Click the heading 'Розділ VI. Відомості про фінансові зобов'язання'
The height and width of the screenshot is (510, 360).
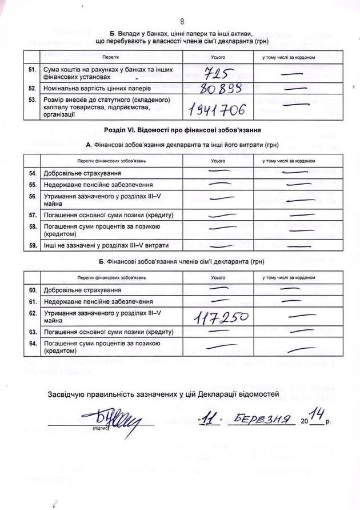(181, 130)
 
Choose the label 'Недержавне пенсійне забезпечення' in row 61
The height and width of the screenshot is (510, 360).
(95, 301)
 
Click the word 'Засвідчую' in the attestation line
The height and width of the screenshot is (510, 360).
(71, 394)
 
